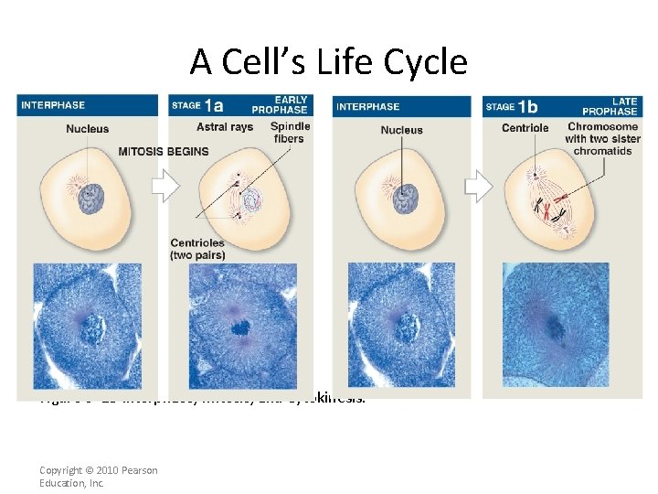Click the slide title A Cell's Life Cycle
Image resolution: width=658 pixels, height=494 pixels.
coord(328,62)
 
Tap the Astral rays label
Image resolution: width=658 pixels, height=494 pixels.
coord(224,127)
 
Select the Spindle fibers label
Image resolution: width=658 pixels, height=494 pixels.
coord(290,132)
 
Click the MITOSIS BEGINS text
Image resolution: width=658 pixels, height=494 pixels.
coord(163,151)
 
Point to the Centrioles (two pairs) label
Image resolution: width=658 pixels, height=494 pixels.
coord(197,249)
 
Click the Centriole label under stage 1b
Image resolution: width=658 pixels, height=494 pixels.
coord(525,127)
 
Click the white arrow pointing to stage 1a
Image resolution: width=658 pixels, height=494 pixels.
coord(164,188)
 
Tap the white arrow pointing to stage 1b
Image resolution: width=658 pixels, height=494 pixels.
coord(478,188)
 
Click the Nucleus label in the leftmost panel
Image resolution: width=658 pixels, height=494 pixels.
coord(87,129)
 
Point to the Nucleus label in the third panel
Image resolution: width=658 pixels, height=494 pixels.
coord(401,130)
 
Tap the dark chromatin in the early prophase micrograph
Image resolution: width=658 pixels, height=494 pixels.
coord(242,327)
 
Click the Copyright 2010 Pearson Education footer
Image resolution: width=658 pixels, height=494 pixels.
coord(99,476)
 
